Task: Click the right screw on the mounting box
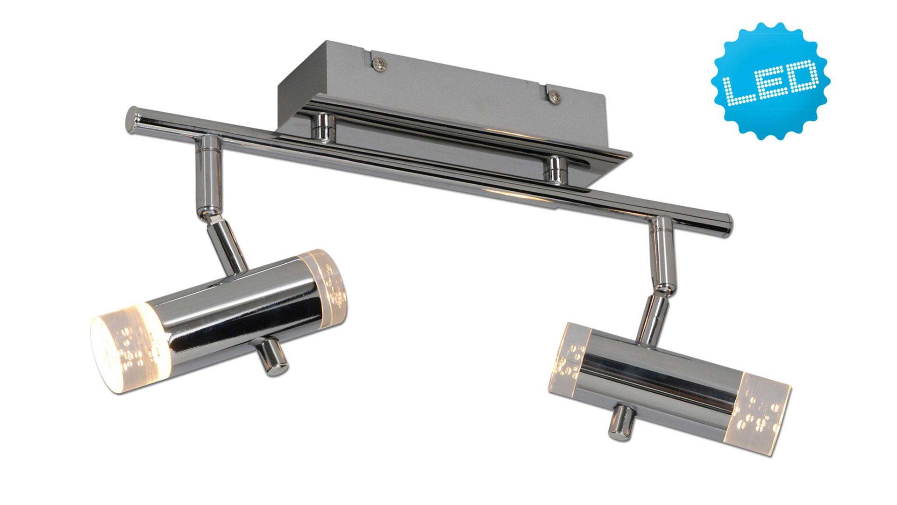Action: coord(555,98)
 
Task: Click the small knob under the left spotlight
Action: coord(271,358)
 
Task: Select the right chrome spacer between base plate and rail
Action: coord(555,169)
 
